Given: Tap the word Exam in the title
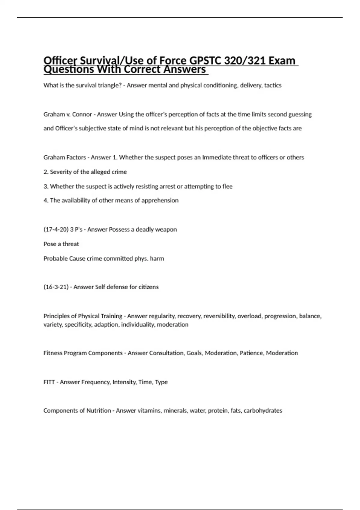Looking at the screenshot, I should pos(282,61).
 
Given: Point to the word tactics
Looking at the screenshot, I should pos(273,85).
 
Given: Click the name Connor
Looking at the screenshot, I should pos(82,114).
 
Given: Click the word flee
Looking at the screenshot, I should pos(227,186).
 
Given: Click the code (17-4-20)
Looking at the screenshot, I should pos(56,229).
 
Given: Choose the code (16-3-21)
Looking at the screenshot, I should pos(56,287).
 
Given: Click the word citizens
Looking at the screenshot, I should pos(148,287).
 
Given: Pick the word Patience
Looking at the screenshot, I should pos(251,353).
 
